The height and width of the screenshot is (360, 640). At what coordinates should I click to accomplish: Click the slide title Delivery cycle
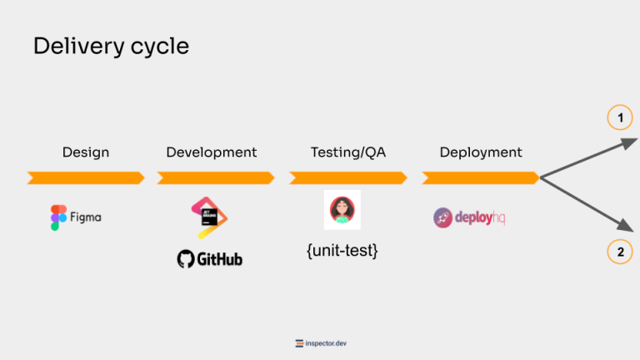click(111, 47)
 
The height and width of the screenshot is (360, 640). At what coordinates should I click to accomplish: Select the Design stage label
click(86, 152)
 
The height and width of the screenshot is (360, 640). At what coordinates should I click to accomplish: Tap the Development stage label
click(212, 152)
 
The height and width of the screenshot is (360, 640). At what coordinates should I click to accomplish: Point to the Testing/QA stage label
click(348, 152)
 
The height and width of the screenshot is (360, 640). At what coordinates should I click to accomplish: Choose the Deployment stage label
click(481, 152)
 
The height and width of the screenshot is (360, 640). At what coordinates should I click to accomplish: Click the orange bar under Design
click(86, 177)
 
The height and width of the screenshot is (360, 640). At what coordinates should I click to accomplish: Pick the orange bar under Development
click(216, 177)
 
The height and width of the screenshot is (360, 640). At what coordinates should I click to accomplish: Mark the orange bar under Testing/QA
click(348, 177)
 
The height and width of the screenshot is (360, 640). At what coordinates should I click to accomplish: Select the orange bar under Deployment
click(481, 177)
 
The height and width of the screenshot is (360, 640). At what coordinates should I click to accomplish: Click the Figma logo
click(76, 217)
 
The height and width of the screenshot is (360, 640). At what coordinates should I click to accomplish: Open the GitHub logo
click(210, 259)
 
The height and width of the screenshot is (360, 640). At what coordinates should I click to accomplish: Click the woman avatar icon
click(342, 210)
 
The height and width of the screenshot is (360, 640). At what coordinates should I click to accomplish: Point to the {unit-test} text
click(342, 249)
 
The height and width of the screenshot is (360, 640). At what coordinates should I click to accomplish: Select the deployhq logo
click(469, 217)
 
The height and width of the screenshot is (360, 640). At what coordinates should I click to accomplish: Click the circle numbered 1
click(620, 119)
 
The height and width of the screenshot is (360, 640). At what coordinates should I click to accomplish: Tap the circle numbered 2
click(620, 252)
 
